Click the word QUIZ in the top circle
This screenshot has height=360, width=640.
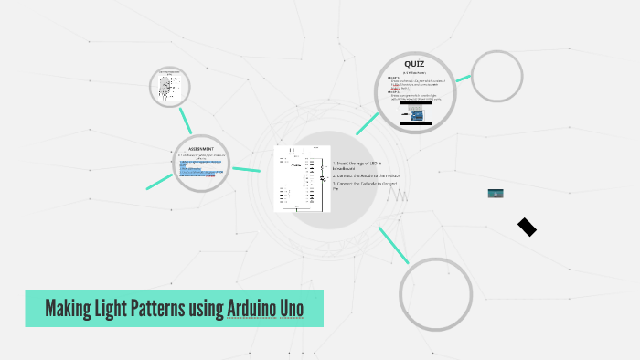[x=415, y=63]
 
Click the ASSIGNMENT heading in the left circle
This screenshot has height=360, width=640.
[x=200, y=149]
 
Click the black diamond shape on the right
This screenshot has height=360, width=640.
[x=527, y=227]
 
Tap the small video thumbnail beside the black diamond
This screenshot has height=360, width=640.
[x=496, y=194]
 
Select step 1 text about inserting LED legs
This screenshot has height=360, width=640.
[x=357, y=165]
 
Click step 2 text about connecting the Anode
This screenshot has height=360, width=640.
[x=367, y=175]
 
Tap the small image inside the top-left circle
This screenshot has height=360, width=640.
[x=168, y=86]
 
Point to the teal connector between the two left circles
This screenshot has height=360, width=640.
[x=186, y=121]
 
